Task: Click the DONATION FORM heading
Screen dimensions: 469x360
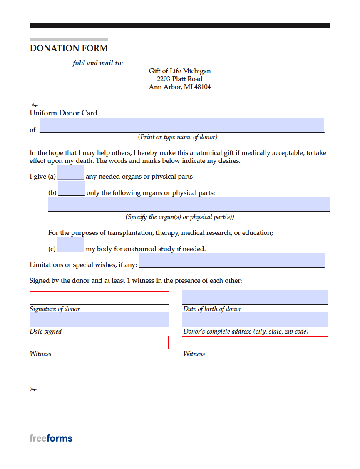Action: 69,48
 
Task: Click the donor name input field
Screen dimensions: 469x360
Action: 182,125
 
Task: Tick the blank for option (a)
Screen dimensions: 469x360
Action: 71,172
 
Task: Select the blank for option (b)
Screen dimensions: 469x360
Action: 72,188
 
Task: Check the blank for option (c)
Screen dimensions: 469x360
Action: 71,244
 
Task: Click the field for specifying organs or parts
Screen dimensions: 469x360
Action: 189,204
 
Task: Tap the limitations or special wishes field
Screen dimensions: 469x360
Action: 232,260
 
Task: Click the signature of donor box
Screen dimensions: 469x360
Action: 99,298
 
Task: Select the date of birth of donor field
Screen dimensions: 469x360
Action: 255,297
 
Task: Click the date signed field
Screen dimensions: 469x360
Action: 99,319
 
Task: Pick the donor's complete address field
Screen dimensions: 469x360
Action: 255,319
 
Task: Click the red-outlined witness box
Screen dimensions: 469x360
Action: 99,342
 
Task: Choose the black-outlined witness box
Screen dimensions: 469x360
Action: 255,342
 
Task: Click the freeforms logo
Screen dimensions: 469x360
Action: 51,438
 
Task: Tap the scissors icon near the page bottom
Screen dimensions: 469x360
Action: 34,389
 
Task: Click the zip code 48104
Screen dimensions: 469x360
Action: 202,87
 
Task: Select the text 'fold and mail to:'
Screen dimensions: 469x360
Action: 98,63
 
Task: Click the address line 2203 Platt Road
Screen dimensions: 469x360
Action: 180,79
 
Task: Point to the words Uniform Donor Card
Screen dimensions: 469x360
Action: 63,113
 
